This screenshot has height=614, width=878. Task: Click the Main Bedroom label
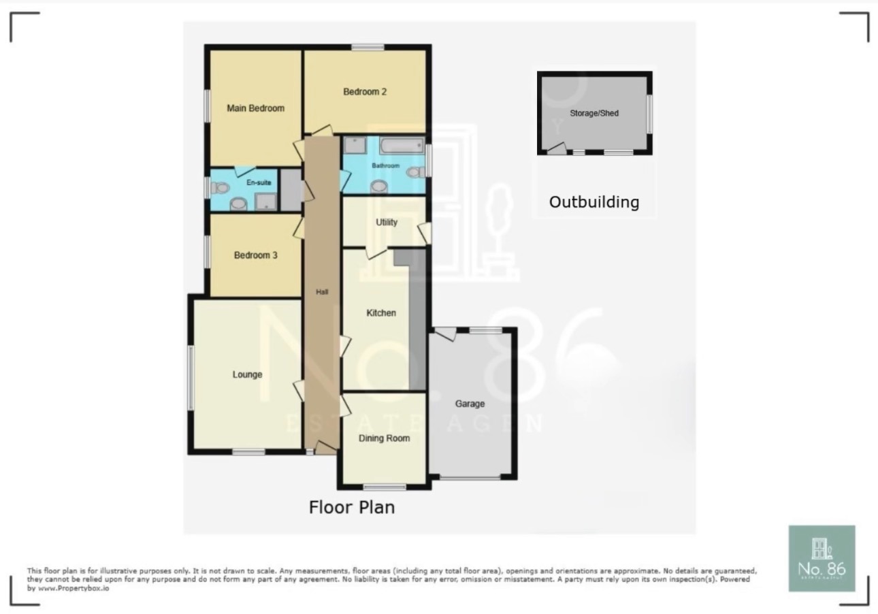tap(255, 108)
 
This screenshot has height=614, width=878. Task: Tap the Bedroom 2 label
tap(365, 92)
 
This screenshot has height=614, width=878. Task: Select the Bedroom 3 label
tap(255, 256)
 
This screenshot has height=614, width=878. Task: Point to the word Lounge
tap(247, 375)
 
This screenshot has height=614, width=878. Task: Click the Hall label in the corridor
tap(322, 292)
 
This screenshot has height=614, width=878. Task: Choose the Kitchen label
tap(380, 313)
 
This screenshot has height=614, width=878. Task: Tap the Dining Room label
tap(384, 438)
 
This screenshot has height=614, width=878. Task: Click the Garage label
tap(470, 404)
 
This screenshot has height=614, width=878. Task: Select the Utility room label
tap(386, 223)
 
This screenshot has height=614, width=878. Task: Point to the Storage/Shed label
tap(594, 113)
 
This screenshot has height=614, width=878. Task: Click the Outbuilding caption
tap(594, 202)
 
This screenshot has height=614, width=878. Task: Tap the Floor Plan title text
tap(351, 508)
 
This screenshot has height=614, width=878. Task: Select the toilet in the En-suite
tap(218, 188)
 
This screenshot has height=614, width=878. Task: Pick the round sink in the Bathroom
tap(378, 186)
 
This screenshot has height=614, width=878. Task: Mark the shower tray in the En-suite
tap(266, 201)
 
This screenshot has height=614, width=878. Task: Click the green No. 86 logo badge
tap(822, 558)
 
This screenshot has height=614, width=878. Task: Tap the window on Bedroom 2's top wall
tap(368, 47)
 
